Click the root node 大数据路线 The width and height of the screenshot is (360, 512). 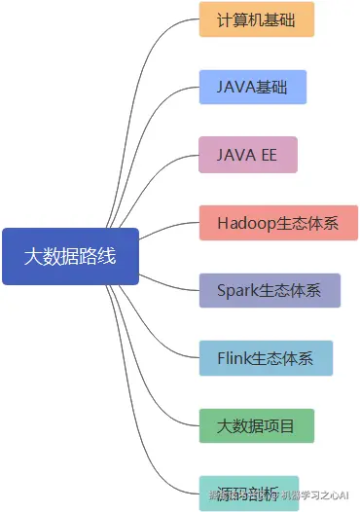[x=70, y=257]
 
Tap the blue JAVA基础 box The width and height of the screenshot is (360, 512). [x=253, y=87]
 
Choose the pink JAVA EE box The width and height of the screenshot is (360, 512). [x=248, y=155]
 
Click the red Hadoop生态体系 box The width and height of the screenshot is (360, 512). [x=278, y=223]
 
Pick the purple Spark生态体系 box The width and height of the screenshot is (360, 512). [x=270, y=290]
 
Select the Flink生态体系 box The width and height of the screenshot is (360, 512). [x=266, y=358]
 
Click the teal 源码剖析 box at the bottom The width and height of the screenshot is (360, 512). [x=248, y=493]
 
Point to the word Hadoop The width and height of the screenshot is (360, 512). [x=247, y=223]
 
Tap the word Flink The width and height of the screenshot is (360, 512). [x=234, y=358]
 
